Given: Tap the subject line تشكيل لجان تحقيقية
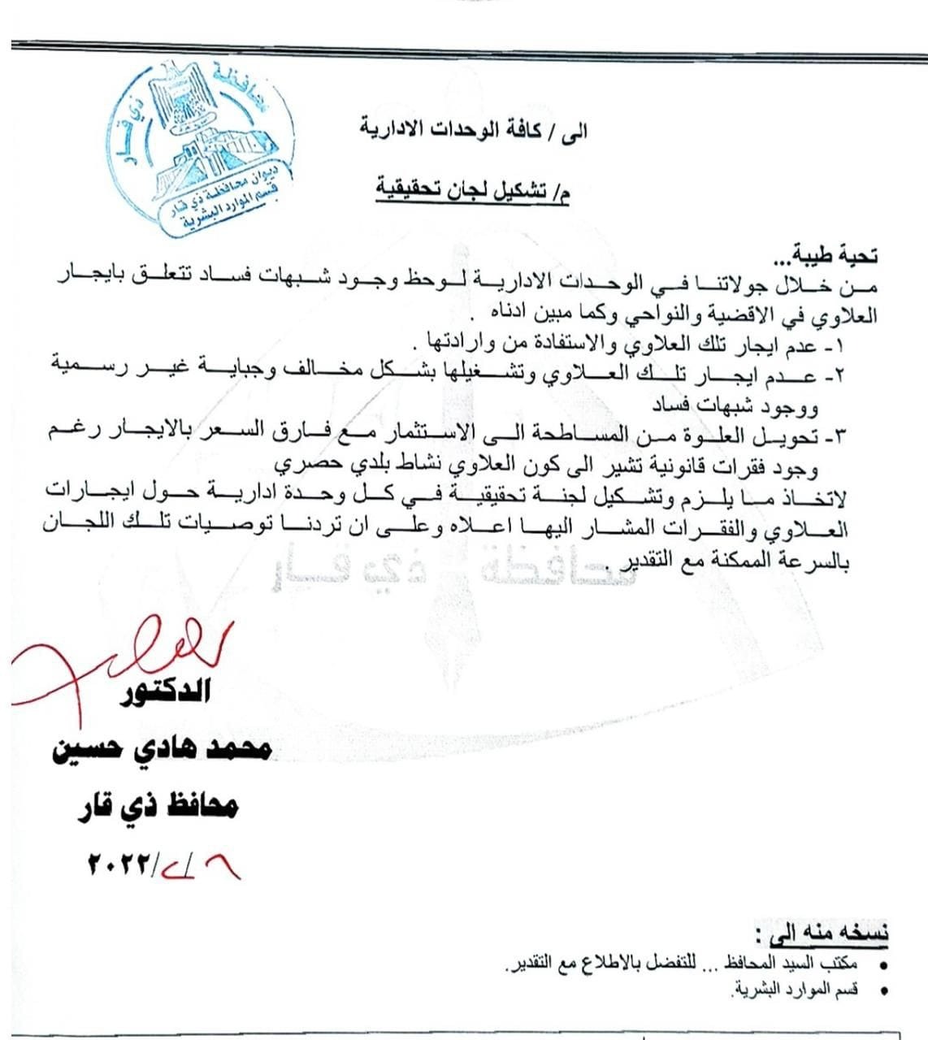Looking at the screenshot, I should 471,191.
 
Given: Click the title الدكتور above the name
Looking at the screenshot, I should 166,691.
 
